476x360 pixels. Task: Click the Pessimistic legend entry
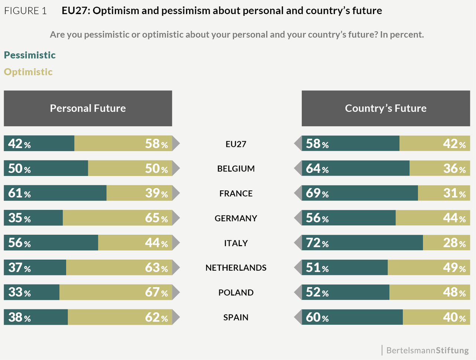point(30,55)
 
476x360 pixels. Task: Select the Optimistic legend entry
point(28,72)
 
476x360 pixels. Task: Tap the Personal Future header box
point(88,108)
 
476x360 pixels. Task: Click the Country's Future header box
point(386,108)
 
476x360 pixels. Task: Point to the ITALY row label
point(236,243)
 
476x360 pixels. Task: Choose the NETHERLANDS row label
point(236,268)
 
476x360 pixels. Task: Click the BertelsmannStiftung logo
point(427,350)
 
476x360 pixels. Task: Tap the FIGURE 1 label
point(25,11)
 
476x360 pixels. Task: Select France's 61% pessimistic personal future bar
point(55,193)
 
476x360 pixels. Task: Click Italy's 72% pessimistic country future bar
point(362,243)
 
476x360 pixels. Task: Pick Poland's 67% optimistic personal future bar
point(116,292)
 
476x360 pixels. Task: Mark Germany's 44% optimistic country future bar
point(432,218)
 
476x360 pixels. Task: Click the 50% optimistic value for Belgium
point(156,168)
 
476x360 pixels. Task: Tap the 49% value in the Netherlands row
point(454,268)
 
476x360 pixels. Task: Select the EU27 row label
point(236,144)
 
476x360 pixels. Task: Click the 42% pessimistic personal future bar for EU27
point(39,144)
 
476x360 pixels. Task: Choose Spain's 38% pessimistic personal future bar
point(36,317)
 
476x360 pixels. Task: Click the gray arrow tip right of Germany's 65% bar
point(176,218)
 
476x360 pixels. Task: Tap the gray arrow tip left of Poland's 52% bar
point(298,292)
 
